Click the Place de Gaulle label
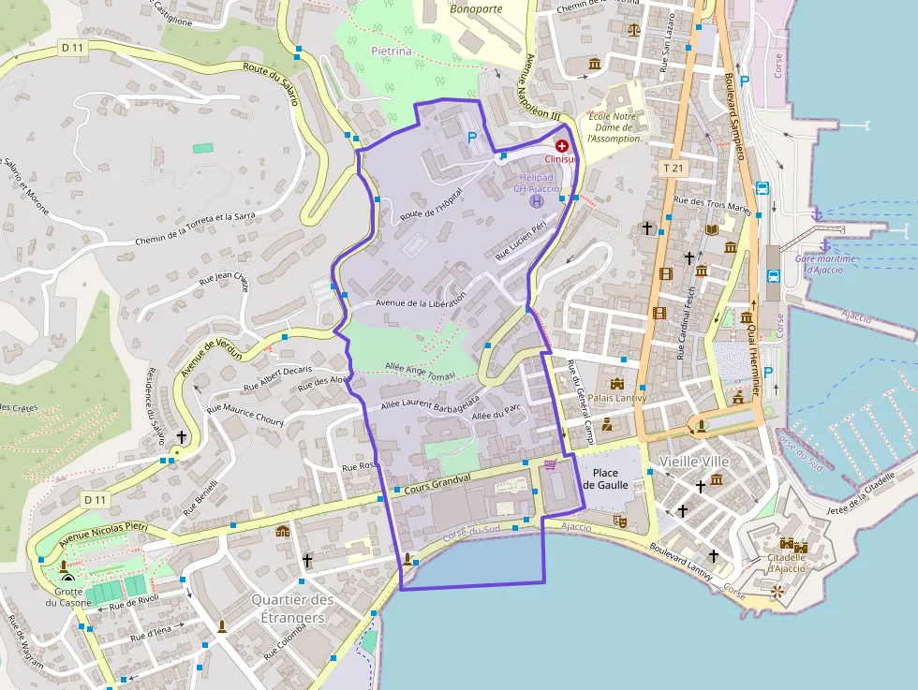(x=604, y=478)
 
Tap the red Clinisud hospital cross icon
(x=562, y=146)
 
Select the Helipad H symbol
(x=537, y=200)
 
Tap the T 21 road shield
(x=673, y=168)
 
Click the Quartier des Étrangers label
(x=292, y=609)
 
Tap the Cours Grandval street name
(x=438, y=480)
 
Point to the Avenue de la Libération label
(x=421, y=302)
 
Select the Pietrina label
(x=392, y=51)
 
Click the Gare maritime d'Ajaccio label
(x=818, y=263)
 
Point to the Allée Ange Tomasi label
(x=420, y=371)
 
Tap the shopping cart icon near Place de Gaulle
(x=550, y=463)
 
